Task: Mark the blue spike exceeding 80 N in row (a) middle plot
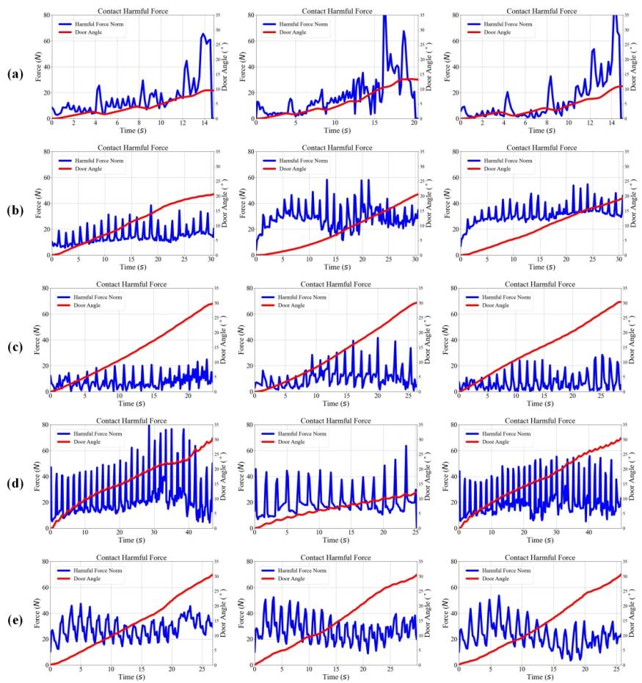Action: [x=384, y=18]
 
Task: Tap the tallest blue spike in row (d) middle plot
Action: [x=406, y=447]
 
